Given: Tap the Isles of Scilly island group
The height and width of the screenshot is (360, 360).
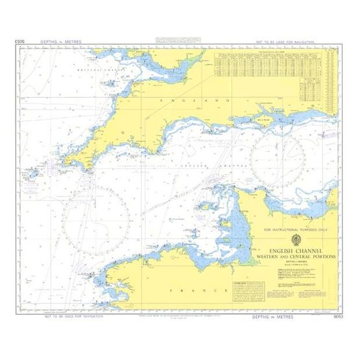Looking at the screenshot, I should [x=29, y=174].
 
